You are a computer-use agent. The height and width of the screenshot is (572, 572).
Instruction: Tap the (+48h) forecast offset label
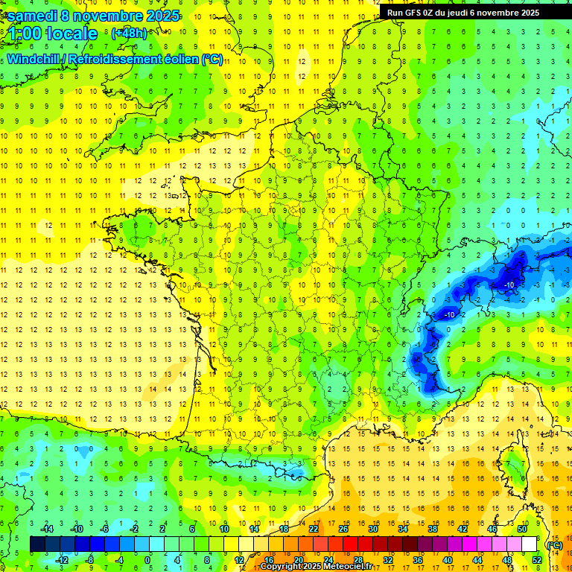[129, 33]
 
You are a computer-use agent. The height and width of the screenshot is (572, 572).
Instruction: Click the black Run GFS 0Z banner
[474, 13]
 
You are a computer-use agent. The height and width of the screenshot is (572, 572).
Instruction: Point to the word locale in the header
[71, 34]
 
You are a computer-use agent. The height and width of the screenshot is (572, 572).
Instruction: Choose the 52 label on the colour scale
[537, 559]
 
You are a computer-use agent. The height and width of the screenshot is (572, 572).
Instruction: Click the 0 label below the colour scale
[148, 559]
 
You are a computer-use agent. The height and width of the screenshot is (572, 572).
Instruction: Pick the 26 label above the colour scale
[343, 528]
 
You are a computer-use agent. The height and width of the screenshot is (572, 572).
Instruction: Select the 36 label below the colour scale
[417, 559]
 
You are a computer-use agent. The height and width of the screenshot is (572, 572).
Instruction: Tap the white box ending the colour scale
[530, 544]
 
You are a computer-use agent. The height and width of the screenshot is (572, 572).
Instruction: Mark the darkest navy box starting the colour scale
[37, 544]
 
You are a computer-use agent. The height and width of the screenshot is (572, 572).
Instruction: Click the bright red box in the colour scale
[350, 544]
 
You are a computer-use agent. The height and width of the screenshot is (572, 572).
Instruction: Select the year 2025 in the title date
[159, 15]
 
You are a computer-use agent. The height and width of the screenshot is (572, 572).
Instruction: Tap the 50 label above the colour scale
[522, 528]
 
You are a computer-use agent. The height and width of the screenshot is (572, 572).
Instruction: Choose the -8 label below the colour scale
[89, 559]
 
